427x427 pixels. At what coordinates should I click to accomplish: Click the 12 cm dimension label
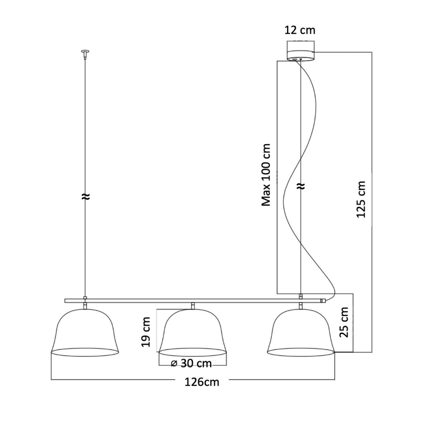pos(300,30)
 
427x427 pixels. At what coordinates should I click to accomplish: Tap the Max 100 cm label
pos(266,175)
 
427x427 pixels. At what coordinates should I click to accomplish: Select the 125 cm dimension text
pos(361,199)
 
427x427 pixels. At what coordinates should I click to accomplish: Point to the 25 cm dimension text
pos(344,322)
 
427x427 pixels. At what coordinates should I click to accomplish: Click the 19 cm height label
pos(146,331)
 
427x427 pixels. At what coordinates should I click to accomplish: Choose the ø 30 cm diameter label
pos(191,363)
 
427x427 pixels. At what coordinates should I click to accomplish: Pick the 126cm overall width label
pos(202,382)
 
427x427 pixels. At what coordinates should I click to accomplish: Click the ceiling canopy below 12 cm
pos(301,55)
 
